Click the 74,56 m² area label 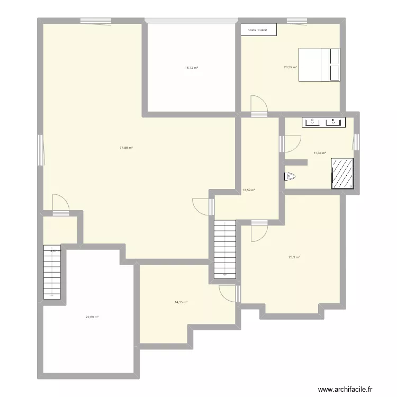point(126,148)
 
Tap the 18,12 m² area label point(191,68)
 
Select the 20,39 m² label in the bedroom point(291,67)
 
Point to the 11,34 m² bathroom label point(320,153)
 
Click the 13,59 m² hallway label point(249,190)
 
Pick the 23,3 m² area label point(294,257)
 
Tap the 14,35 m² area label point(181,302)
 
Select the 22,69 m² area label point(92,317)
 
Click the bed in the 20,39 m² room point(319,65)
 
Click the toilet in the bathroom point(290,177)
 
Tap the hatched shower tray point(342,173)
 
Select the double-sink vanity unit point(322,122)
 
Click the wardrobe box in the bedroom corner point(259,30)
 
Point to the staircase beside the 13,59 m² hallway point(224,249)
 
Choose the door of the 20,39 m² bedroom point(259,106)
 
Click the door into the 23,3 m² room point(259,232)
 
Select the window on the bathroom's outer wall point(357,142)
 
